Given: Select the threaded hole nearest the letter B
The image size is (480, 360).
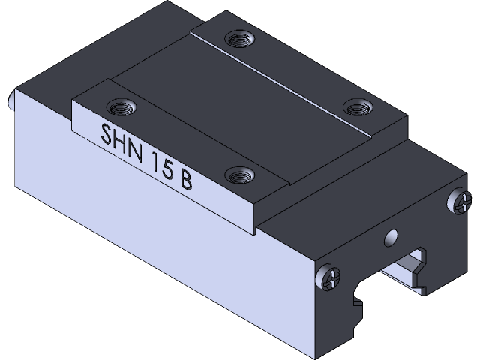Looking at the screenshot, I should click(x=240, y=175).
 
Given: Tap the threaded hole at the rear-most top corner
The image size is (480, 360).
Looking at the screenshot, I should click(x=240, y=37).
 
